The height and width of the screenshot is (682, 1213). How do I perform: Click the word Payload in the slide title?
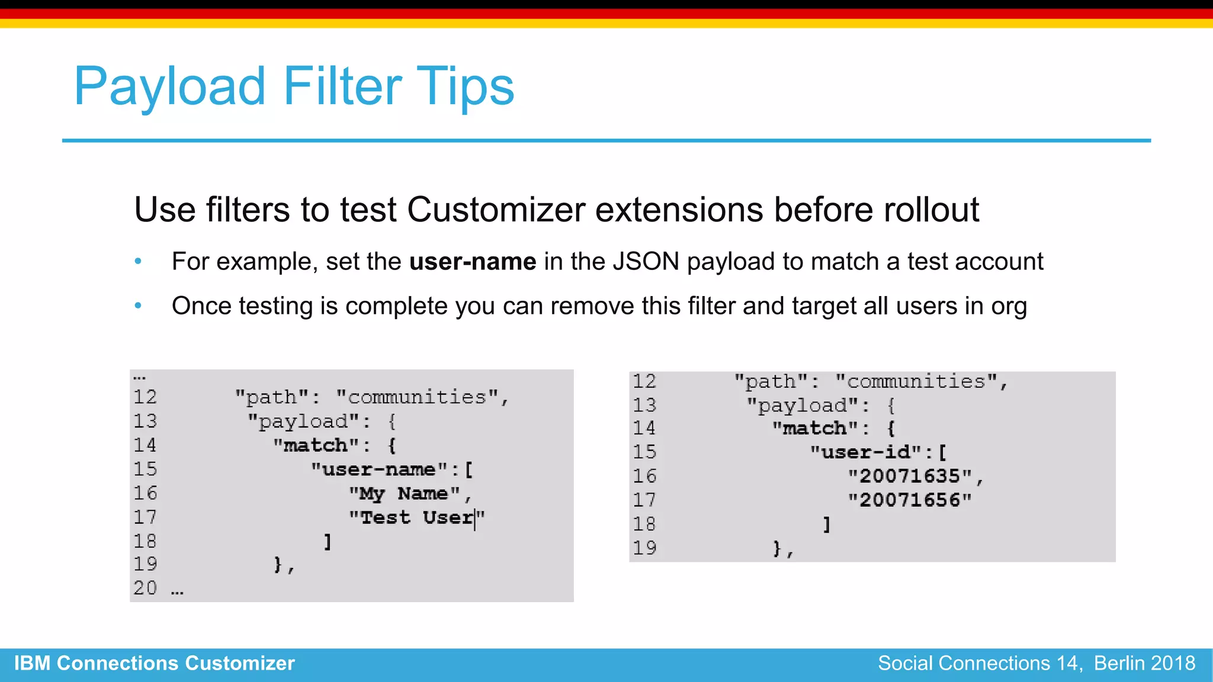tap(170, 86)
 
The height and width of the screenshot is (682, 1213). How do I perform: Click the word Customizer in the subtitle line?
tap(496, 210)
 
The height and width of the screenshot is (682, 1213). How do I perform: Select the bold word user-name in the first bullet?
tap(473, 262)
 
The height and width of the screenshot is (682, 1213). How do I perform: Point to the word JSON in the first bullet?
tap(646, 262)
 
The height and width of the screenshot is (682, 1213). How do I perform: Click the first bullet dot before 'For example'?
tap(138, 261)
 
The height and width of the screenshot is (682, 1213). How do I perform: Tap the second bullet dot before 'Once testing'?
tap(138, 305)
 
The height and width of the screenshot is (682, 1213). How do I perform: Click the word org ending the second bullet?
tap(1009, 307)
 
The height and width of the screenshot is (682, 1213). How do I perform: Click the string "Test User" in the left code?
tap(416, 517)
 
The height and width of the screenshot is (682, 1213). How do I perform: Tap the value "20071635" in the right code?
tap(910, 476)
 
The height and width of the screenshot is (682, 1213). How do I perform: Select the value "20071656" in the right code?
tap(910, 500)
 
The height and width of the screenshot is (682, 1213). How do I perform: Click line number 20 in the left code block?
tap(145, 588)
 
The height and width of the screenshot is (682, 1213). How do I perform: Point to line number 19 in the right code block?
tap(644, 548)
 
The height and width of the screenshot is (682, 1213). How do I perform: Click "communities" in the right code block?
tap(917, 382)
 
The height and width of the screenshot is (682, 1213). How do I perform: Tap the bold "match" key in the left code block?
tap(316, 445)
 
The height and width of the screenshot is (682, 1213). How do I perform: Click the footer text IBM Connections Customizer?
tap(155, 663)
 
